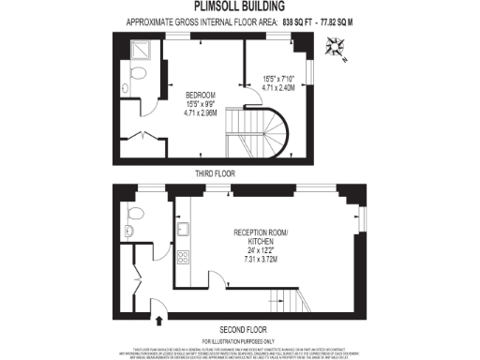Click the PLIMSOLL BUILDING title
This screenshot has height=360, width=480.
coord(239,7)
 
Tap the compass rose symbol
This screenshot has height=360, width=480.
coord(337,45)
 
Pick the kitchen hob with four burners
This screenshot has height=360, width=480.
coord(184,258)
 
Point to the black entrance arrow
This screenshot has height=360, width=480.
coord(157,320)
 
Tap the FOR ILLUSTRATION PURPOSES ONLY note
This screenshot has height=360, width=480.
coord(240,339)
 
